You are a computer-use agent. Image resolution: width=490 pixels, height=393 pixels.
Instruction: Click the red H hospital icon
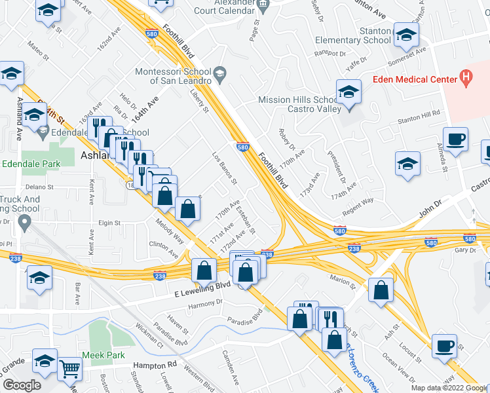pyautogui.click(x=466, y=79)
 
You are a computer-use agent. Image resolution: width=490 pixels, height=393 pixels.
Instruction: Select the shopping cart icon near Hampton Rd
pyautogui.click(x=69, y=369)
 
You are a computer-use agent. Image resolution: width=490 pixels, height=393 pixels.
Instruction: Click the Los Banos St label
pyautogui.click(x=224, y=168)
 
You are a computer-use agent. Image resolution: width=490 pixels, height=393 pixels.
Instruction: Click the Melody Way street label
pyautogui.click(x=170, y=234)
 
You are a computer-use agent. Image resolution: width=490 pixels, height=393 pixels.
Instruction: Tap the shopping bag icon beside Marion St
pyautogui.click(x=381, y=291)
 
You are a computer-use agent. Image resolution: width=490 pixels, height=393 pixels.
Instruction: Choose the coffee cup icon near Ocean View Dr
pyautogui.click(x=445, y=345)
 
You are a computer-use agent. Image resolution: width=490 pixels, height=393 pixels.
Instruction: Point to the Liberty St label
pyautogui.click(x=198, y=100)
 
